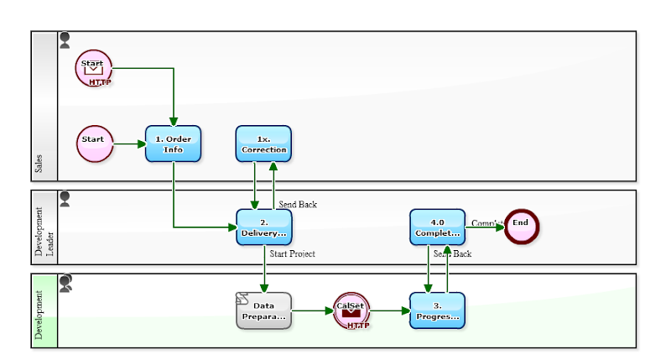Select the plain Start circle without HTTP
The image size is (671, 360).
coord(94,143)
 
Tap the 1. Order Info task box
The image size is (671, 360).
coord(174,143)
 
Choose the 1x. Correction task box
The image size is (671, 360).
coord(263,143)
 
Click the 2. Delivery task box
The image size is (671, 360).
coord(263,227)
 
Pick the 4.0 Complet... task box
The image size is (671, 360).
coord(437,227)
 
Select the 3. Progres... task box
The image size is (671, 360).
coord(437,310)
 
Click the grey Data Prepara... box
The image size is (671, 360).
coord(263,311)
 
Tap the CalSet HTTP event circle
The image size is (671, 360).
coord(351,310)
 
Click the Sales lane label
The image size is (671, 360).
coord(39,163)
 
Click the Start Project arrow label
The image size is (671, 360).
coord(293,253)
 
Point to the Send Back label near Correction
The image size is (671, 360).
coord(298,204)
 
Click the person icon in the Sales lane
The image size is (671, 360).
coord(65,39)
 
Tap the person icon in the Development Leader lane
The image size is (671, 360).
coord(65,198)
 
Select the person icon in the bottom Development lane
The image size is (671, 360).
coord(65,282)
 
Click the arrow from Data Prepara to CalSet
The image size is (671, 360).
coord(312,311)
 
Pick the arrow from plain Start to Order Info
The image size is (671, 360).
coord(128,143)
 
